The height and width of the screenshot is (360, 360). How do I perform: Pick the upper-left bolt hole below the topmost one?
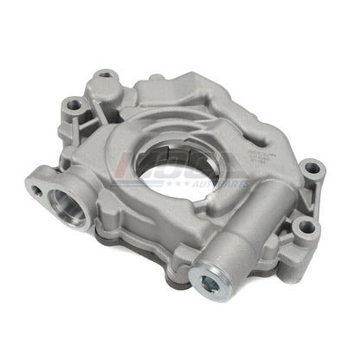click(x=74, y=105)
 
